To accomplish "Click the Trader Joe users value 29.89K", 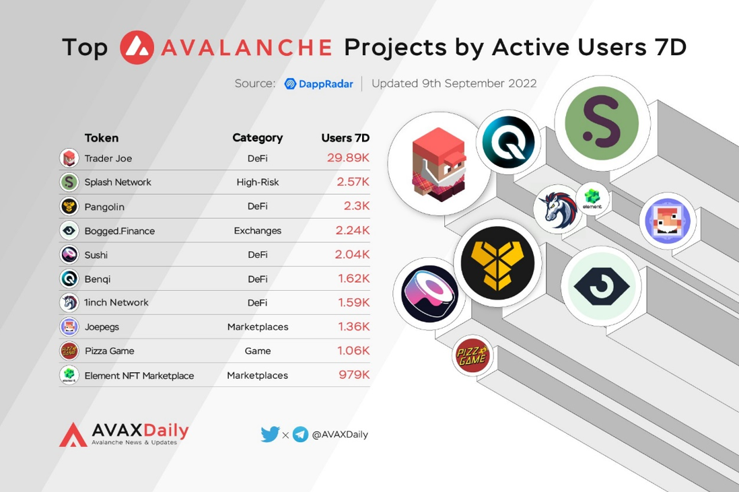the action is tap(348, 158).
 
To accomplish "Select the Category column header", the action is tap(257, 137).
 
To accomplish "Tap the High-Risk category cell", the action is tap(257, 182).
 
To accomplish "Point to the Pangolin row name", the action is tap(104, 207).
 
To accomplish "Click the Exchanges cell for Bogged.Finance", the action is tap(257, 230).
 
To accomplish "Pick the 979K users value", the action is tap(354, 375).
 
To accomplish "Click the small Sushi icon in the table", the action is tap(69, 254).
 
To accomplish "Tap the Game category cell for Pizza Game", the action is tap(257, 351).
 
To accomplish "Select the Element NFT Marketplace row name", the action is tap(139, 376).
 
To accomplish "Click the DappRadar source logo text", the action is tap(318, 84).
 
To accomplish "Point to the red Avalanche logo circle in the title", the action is tap(137, 47).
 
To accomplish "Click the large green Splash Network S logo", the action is tap(602, 123).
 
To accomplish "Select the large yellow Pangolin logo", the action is tap(497, 263).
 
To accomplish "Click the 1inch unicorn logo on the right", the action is tap(558, 209).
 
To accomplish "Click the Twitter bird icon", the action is tap(270, 434).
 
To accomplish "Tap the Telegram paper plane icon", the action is tap(300, 434).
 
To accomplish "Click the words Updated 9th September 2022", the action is tap(454, 83).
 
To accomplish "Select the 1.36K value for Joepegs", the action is tap(353, 326).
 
